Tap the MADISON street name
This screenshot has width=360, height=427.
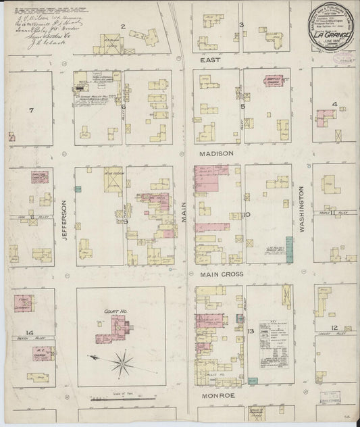[215, 153]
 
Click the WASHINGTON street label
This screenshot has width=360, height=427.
[301, 209]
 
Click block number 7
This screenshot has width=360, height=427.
[31, 109]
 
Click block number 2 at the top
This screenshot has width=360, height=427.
[123, 26]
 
